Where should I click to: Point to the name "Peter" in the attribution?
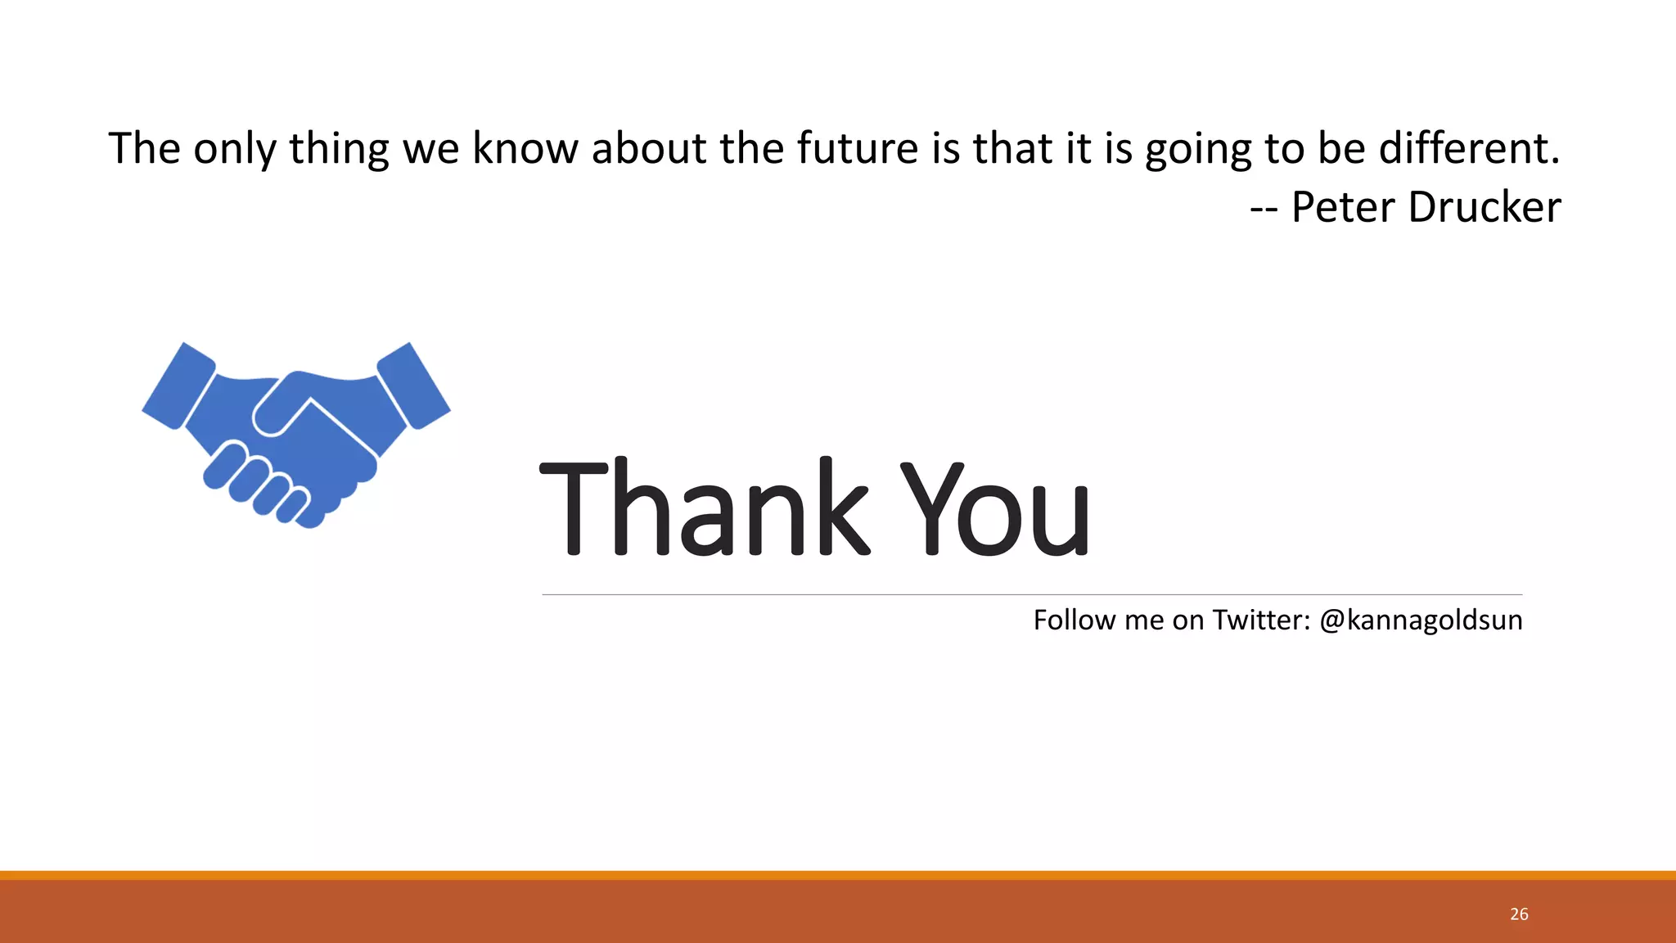click(x=1343, y=207)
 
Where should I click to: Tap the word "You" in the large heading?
click(x=995, y=508)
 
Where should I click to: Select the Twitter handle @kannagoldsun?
click(x=1421, y=620)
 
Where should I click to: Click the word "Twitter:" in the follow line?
click(x=1261, y=620)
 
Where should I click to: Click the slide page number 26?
click(x=1519, y=914)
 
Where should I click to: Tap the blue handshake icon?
click(x=296, y=434)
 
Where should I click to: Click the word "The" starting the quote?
click(x=144, y=149)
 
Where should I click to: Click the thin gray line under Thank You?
click(x=1031, y=595)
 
